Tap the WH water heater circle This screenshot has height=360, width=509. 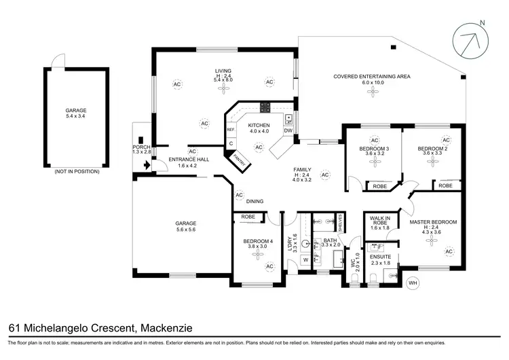tap(412, 282)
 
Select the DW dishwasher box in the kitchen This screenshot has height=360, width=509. tap(288, 130)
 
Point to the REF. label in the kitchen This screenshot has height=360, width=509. tap(231, 129)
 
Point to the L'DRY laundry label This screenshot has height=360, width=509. tap(290, 243)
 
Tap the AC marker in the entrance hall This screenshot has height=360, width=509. tap(192, 151)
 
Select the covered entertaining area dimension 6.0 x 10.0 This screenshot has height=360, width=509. tap(372, 83)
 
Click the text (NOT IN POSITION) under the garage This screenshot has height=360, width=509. tap(76, 171)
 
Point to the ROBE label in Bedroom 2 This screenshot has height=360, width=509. tap(445, 185)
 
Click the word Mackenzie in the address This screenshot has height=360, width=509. tap(166, 329)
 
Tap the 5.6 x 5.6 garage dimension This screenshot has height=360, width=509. tap(186, 230)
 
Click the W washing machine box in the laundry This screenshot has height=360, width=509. tap(305, 259)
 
